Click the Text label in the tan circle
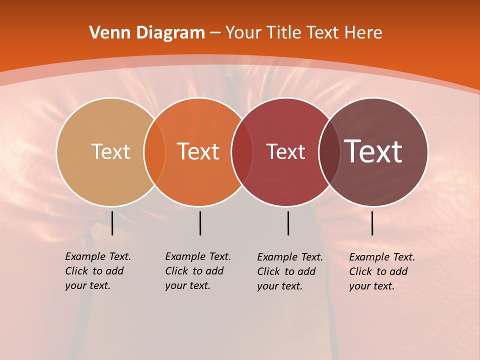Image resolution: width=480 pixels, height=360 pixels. point(110,151)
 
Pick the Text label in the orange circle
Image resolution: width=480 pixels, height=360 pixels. point(198,151)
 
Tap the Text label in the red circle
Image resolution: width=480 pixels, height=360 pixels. point(285,151)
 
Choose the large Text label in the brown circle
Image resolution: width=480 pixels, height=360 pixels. point(373,151)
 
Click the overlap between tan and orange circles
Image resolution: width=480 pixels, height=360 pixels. point(154,152)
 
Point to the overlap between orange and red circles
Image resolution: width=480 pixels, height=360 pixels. point(242,152)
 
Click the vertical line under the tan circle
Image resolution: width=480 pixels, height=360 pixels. point(112,223)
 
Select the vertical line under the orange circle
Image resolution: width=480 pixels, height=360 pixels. point(200,223)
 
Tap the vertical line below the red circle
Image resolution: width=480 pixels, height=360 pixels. point(288,223)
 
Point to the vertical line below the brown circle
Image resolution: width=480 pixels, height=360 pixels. point(372,223)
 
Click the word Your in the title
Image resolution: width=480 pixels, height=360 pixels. point(243,33)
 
